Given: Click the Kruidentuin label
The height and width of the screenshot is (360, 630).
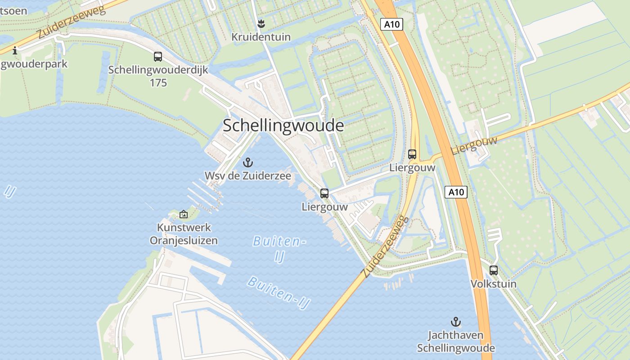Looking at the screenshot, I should click(261, 37).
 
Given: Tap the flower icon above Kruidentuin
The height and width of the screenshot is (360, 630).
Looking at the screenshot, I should click(261, 23).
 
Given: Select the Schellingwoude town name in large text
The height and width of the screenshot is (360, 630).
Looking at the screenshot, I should click(283, 126).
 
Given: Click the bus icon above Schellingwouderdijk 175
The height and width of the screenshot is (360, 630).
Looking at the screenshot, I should click(157, 57).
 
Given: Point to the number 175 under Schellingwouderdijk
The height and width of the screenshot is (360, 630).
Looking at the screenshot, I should click(158, 83).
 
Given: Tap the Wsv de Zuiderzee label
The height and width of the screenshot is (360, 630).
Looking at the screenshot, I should click(247, 175).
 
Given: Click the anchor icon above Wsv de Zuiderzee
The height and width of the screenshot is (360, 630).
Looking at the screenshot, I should click(247, 162).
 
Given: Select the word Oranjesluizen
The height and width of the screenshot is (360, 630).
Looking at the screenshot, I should click(184, 240).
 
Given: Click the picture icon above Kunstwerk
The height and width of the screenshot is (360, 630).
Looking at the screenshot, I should click(183, 215).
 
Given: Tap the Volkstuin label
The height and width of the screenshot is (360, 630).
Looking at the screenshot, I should click(494, 284).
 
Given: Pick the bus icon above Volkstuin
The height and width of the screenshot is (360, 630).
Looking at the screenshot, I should click(494, 270).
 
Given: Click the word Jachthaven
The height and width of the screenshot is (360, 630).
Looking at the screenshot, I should click(455, 335).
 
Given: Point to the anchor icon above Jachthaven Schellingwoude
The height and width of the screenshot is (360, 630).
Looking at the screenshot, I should click(456, 322).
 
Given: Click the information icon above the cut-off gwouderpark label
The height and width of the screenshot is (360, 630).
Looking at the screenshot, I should click(15, 50).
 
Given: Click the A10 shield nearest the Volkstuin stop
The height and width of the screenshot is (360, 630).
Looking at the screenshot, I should click(456, 192).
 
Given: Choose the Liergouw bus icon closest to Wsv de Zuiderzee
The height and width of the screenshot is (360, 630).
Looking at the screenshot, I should click(324, 193).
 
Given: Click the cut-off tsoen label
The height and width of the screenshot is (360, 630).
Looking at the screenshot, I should click(13, 10).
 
